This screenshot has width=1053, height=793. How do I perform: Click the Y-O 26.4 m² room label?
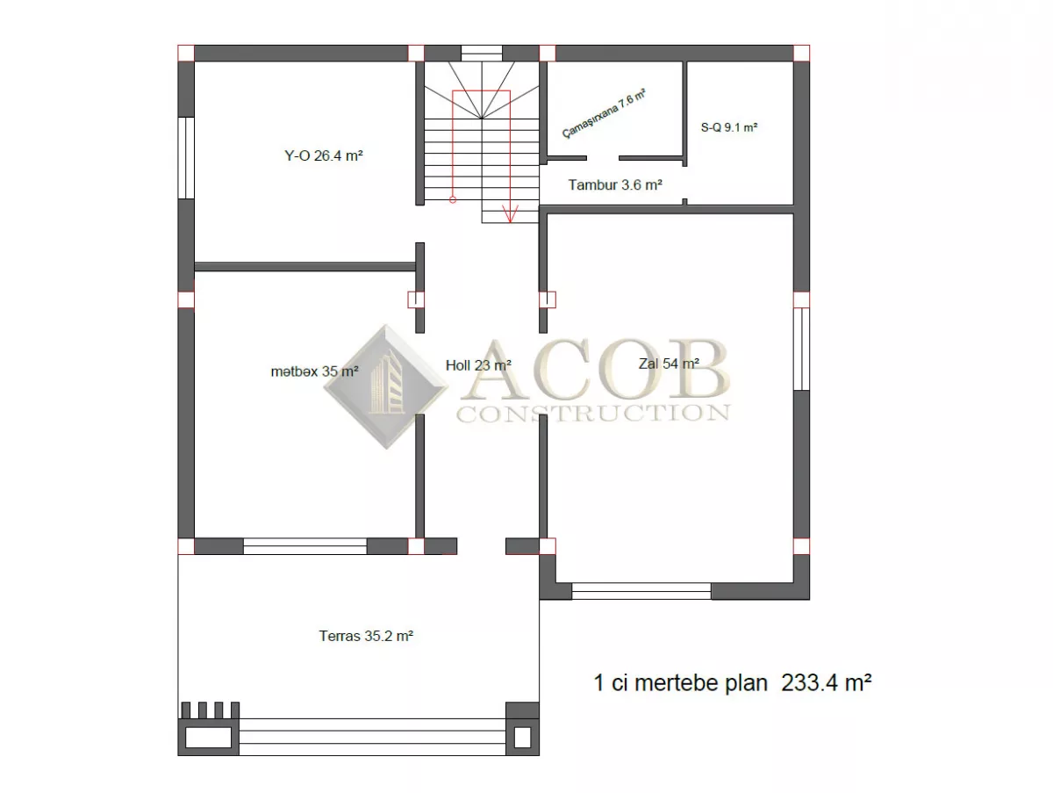(x=323, y=156)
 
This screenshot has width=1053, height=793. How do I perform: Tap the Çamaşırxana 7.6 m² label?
(x=604, y=114)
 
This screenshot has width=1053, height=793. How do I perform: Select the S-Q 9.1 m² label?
(x=728, y=127)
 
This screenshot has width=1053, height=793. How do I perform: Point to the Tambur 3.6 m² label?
(x=615, y=184)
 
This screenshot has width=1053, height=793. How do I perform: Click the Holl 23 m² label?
(x=478, y=366)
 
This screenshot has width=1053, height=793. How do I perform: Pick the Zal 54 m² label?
(x=669, y=364)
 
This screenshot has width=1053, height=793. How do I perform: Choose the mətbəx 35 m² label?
(x=314, y=371)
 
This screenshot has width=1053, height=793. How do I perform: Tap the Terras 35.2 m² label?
(x=366, y=636)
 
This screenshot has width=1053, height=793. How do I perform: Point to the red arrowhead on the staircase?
(x=510, y=214)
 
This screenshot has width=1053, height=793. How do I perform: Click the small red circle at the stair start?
(x=453, y=199)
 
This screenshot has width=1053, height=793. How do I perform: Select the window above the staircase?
(x=482, y=54)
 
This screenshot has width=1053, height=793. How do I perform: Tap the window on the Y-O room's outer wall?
(x=186, y=158)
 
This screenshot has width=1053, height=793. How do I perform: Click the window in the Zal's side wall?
(x=801, y=349)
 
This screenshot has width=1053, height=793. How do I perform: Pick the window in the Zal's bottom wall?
(x=641, y=591)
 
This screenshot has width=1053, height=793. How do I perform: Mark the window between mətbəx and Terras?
(x=305, y=546)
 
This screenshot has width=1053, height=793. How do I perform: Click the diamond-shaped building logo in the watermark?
(x=386, y=387)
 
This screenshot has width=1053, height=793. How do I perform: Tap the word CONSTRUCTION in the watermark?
(x=593, y=414)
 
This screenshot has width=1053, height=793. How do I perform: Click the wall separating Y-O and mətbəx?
(x=305, y=266)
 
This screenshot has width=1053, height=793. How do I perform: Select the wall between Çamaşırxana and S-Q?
(x=684, y=114)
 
